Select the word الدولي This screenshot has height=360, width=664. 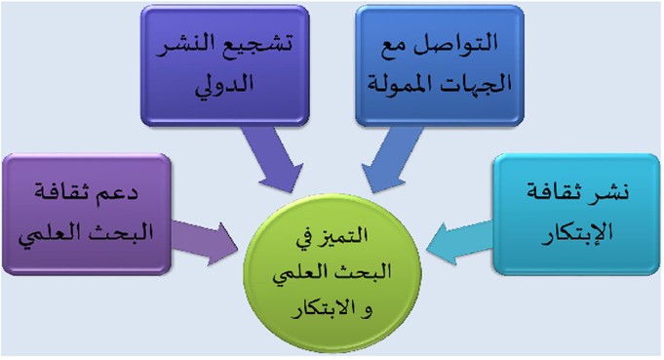(x=224, y=84)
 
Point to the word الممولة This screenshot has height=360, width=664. (x=396, y=84)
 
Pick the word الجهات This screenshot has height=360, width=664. (x=471, y=84)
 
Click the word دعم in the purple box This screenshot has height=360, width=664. (x=121, y=193)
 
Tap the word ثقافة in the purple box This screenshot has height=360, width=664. (x=65, y=193)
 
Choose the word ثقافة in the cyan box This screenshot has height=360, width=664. (x=558, y=193)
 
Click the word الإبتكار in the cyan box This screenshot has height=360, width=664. (x=577, y=233)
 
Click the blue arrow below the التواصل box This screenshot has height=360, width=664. (x=392, y=160)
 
